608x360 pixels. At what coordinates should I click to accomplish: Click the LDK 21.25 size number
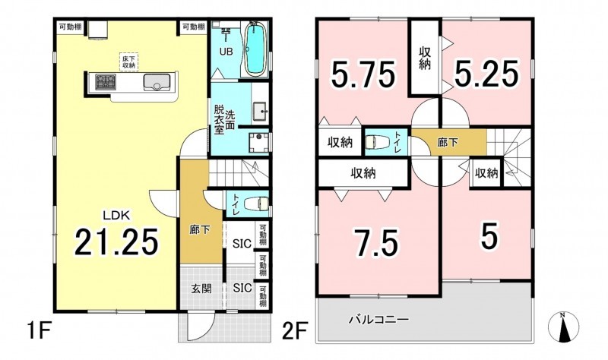[116, 242]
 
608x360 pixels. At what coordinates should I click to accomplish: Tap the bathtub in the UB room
[255, 49]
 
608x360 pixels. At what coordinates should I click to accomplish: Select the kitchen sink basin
[157, 82]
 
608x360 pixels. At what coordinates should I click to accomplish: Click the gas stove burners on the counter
[106, 82]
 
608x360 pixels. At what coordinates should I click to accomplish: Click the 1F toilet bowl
[256, 203]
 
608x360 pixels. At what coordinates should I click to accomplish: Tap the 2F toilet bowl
[378, 142]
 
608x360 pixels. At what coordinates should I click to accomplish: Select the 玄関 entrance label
[201, 289]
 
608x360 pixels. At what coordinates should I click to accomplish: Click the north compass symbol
[564, 327]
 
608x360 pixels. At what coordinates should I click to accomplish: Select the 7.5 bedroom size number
[375, 244]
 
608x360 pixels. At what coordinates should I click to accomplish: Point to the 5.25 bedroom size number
[486, 74]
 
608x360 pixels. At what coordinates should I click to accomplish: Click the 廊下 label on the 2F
[448, 143]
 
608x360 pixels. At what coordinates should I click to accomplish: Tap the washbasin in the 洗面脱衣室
[259, 112]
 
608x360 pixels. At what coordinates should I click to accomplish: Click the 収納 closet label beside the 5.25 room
[425, 58]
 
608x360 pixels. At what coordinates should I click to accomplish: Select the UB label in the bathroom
[226, 51]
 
